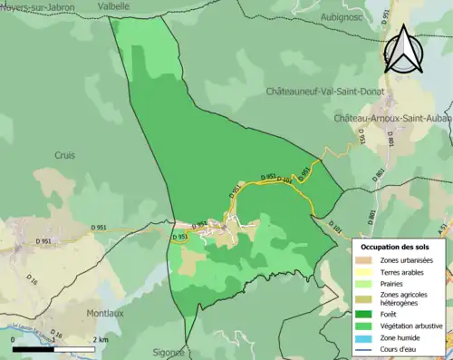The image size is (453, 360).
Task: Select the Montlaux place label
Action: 105,313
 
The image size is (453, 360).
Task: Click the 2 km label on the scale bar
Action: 99,340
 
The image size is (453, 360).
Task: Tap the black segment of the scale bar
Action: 33,348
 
